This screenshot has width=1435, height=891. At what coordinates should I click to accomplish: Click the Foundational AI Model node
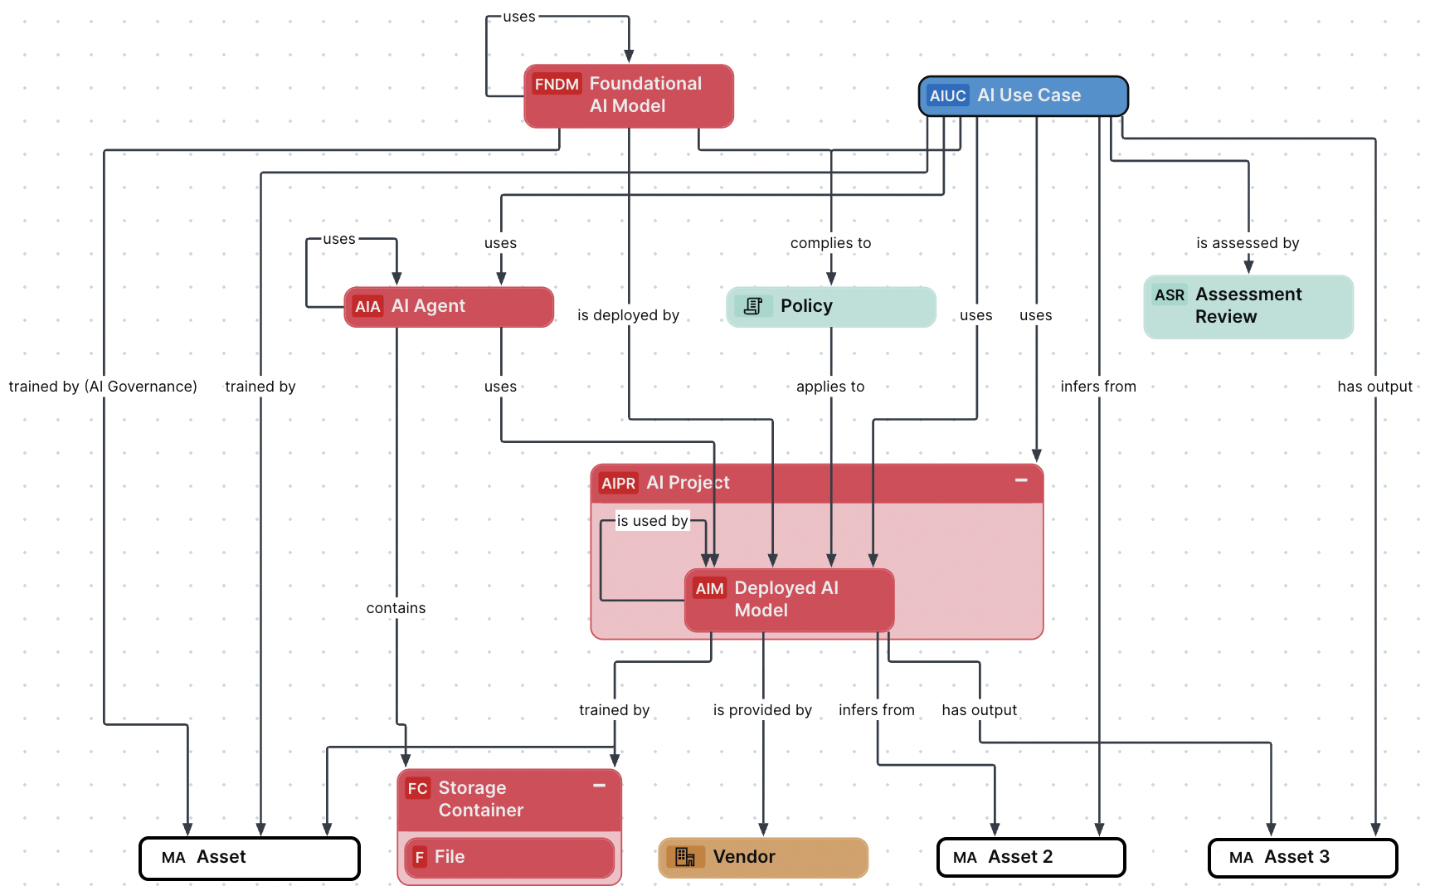click(x=629, y=95)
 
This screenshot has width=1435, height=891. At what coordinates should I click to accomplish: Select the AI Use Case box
click(x=1023, y=96)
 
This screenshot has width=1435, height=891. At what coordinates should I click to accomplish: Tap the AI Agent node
click(x=449, y=307)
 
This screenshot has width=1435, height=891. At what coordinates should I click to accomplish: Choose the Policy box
click(x=830, y=307)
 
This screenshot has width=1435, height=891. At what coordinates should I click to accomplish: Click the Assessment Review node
click(x=1248, y=306)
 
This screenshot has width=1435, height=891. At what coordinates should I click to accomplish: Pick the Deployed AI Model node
click(x=789, y=599)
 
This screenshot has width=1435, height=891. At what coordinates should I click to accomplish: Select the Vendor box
click(x=762, y=857)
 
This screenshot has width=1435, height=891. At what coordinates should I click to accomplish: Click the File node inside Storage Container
click(x=508, y=857)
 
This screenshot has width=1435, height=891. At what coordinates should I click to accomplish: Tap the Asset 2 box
click(x=1030, y=857)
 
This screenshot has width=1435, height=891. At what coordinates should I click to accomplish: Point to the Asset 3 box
click(x=1302, y=858)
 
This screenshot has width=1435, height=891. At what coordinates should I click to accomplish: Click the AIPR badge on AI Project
click(x=618, y=484)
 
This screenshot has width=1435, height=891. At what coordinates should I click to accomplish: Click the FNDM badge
click(x=556, y=85)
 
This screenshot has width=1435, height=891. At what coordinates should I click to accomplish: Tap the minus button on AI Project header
click(x=1021, y=480)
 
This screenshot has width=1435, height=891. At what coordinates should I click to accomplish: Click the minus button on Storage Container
click(x=599, y=786)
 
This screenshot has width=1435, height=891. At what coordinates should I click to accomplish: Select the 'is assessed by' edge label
click(x=1247, y=243)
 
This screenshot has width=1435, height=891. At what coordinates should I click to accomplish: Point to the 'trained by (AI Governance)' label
click(x=103, y=387)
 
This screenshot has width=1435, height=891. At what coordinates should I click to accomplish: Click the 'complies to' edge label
click(x=830, y=243)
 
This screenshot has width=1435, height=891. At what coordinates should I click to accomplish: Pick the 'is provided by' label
click(x=762, y=710)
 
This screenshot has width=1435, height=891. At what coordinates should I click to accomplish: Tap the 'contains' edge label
click(x=396, y=608)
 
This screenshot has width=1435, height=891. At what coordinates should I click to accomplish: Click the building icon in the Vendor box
click(x=684, y=857)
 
